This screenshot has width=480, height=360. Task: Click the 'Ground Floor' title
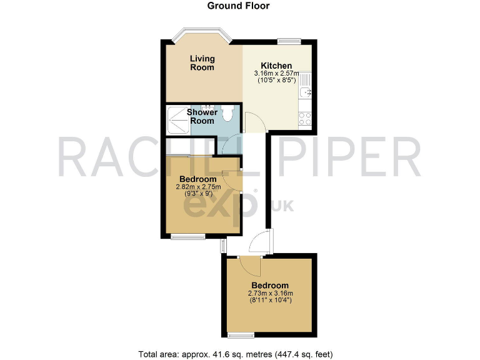coord(239,6)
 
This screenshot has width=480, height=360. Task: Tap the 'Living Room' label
coord(202,63)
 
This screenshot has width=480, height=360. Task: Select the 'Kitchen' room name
coord(276,66)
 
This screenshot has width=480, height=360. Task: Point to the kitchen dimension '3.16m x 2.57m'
coord(276,74)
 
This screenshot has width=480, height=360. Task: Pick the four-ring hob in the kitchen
coord(305,118)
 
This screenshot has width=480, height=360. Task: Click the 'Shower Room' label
coord(202,116)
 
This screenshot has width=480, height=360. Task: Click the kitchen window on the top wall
coord(288,41)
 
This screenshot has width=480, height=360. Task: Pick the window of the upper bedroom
coord(188,236)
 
